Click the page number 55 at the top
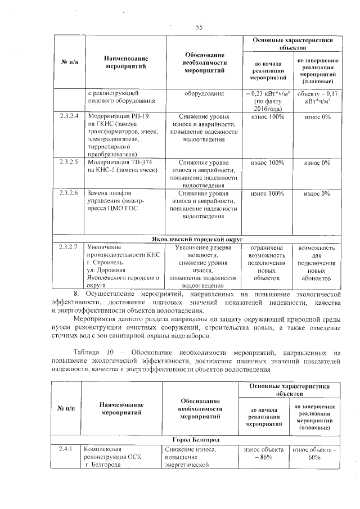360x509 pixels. coord(199,28)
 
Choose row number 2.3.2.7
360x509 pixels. coord(67,247)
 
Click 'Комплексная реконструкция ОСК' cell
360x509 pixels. coord(115,457)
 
